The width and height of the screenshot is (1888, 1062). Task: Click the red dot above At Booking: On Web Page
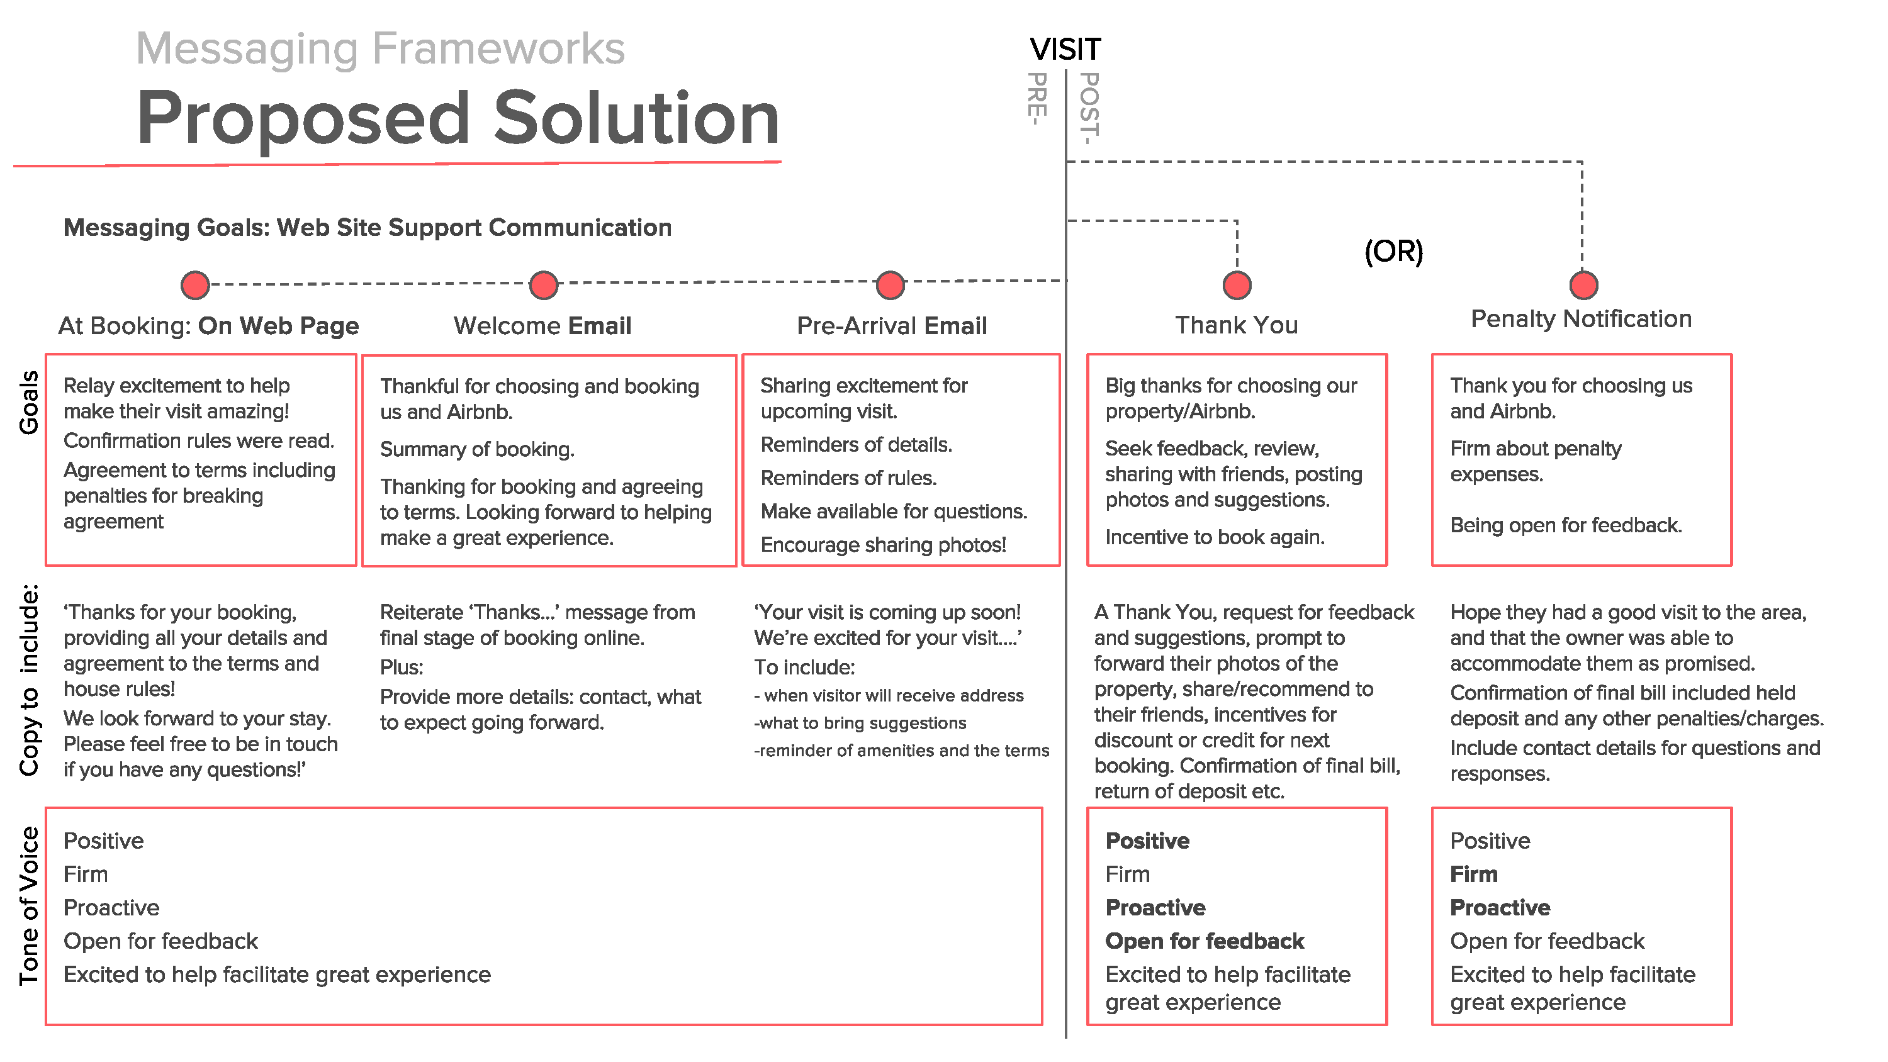coord(195,285)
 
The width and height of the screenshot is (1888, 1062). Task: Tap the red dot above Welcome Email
coord(543,285)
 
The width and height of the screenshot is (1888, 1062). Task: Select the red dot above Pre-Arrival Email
coord(890,285)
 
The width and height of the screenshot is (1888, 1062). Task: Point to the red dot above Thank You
coord(1237,285)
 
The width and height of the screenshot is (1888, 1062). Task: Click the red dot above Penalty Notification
coord(1583,285)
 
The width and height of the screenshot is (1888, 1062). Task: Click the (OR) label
coord(1393,252)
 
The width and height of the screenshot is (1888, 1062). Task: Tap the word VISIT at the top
coord(1065,50)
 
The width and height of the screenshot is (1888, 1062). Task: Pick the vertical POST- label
coord(1090,108)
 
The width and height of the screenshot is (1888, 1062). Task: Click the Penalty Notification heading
coord(1581,319)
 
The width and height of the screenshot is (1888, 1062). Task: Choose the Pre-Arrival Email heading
coord(891,325)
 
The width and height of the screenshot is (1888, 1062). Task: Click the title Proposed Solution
coord(458,119)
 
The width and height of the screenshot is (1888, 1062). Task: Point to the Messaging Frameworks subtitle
coord(380,48)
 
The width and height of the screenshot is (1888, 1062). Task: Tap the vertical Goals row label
coord(28,403)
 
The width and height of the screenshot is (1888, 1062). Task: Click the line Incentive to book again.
coord(1215,537)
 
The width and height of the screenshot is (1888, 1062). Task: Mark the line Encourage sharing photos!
coord(882,545)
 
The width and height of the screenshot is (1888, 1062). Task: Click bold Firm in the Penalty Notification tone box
coord(1473,875)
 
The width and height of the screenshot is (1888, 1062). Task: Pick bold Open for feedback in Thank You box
coord(1204,941)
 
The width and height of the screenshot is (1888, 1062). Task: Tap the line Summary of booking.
coord(476,449)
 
